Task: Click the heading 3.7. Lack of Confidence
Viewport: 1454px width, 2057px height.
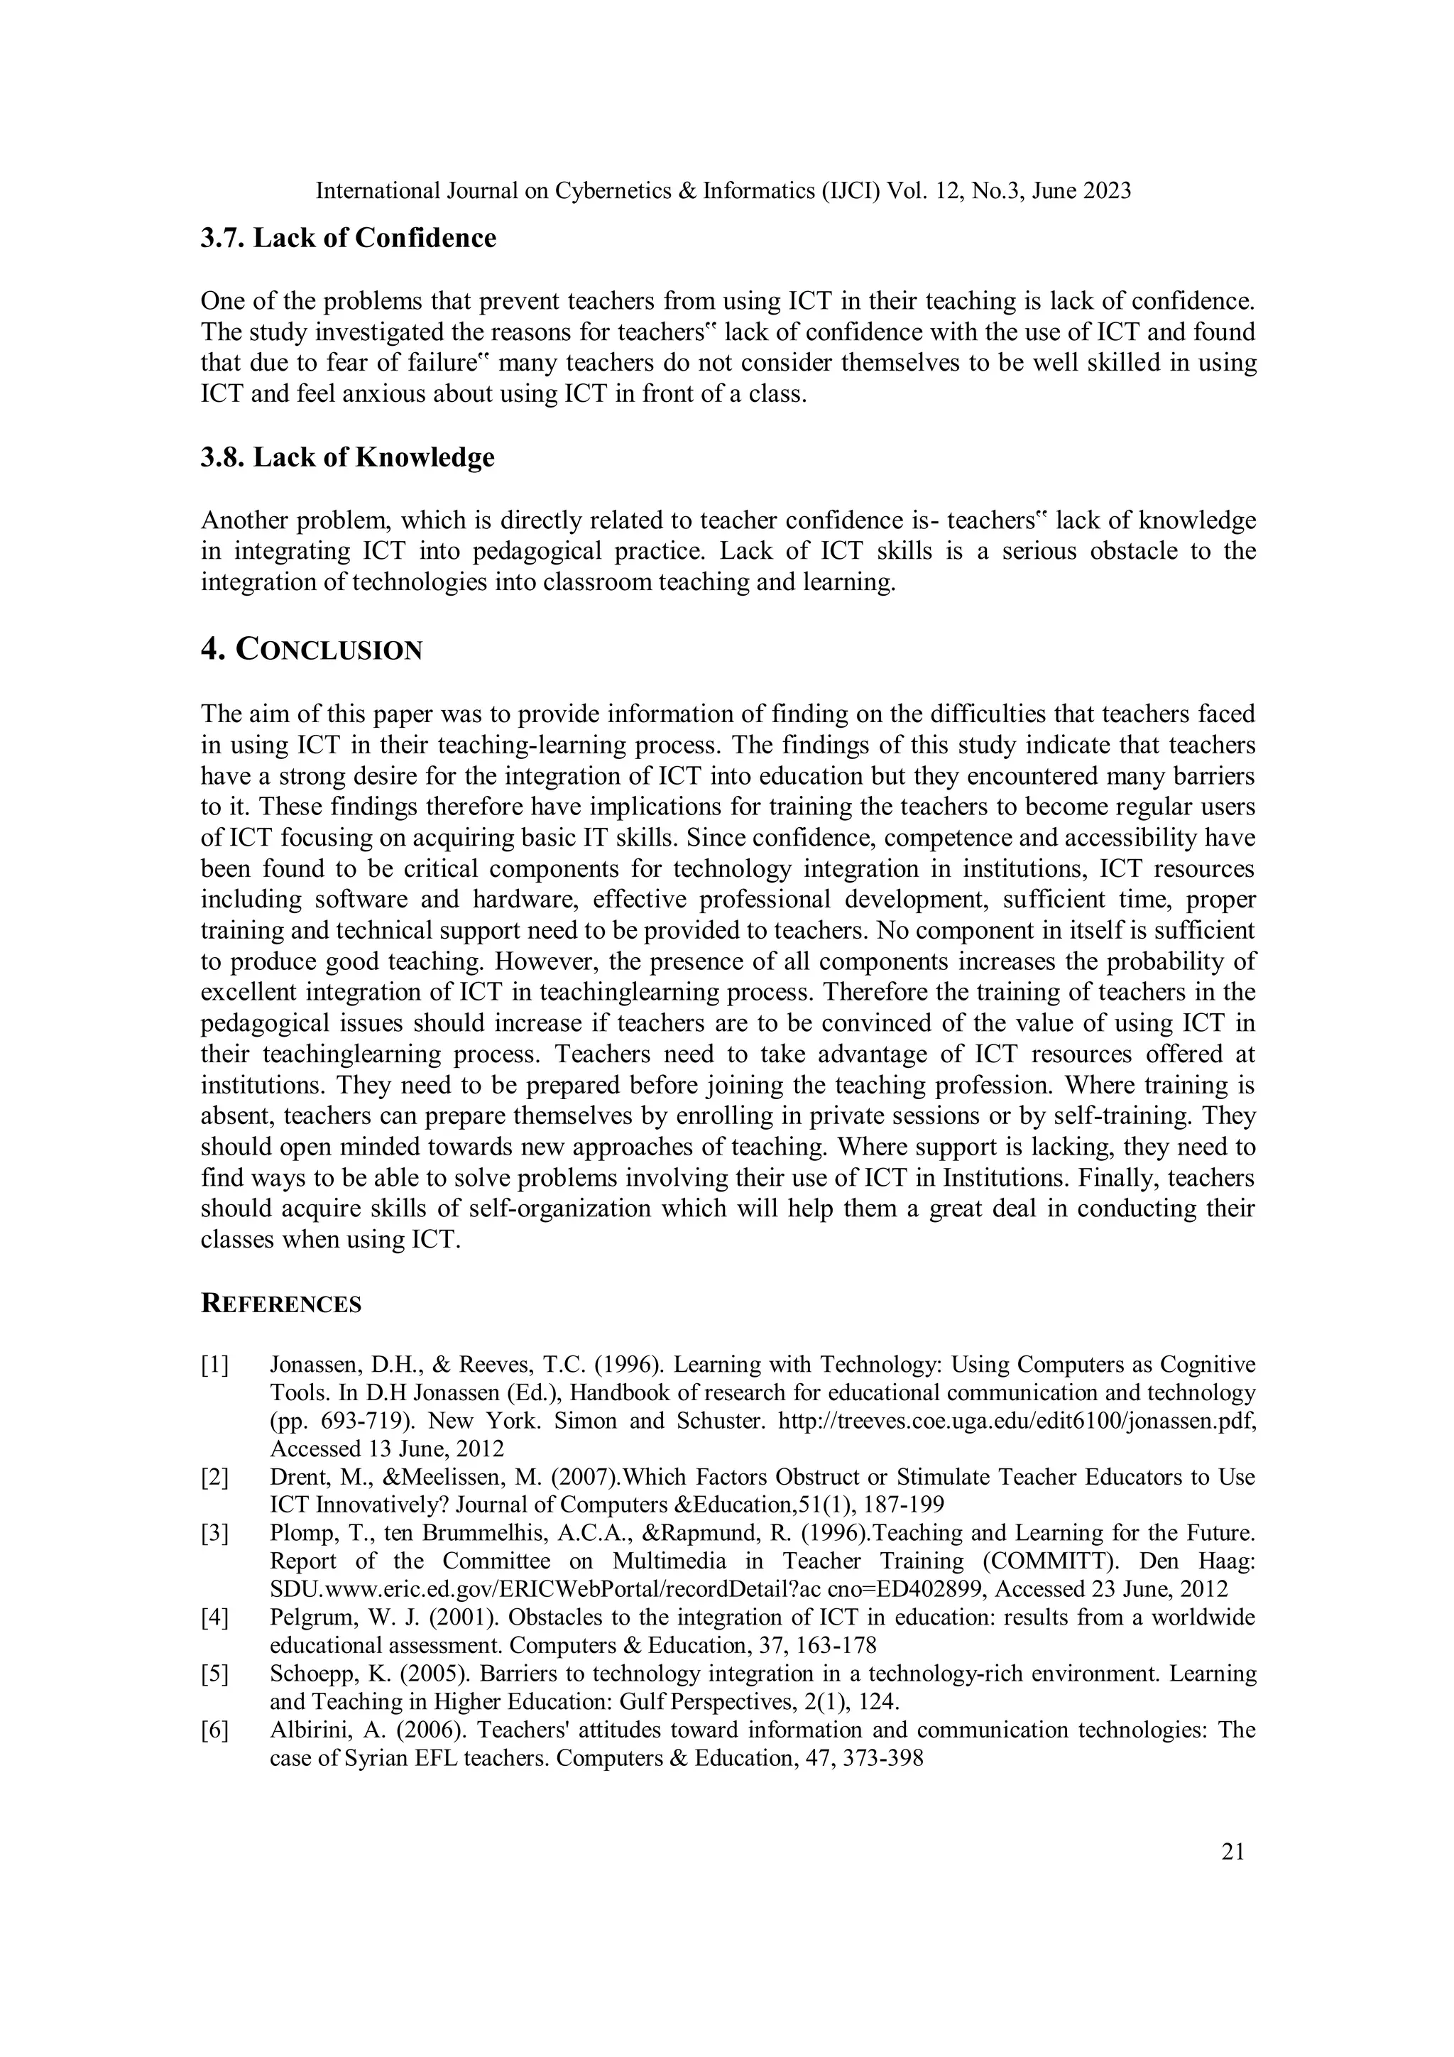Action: tap(348, 239)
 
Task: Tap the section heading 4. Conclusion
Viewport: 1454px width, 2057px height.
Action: tap(311, 650)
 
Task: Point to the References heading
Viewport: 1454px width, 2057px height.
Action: tap(280, 1304)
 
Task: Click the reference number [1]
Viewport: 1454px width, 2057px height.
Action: tap(215, 1365)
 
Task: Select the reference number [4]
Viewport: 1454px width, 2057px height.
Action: tap(215, 1618)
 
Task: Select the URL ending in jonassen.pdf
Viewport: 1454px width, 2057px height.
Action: tap(1017, 1421)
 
